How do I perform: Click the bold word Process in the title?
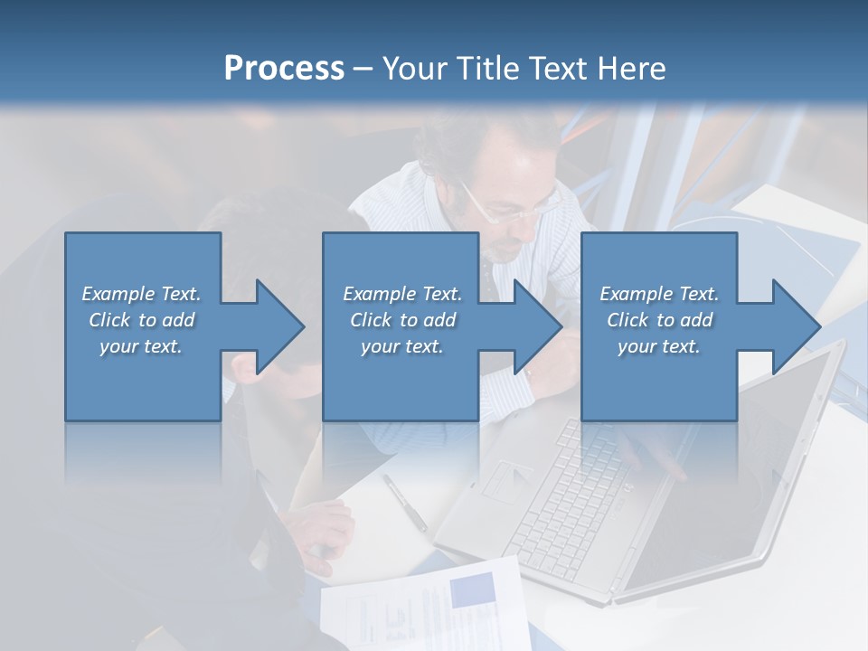[284, 69]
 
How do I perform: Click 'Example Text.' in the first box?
[141, 294]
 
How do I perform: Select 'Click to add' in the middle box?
[402, 320]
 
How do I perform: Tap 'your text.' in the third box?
[659, 346]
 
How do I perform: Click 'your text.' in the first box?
[141, 346]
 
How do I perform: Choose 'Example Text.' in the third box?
[659, 294]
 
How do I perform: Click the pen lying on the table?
[404, 502]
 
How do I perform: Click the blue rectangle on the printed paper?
[471, 590]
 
